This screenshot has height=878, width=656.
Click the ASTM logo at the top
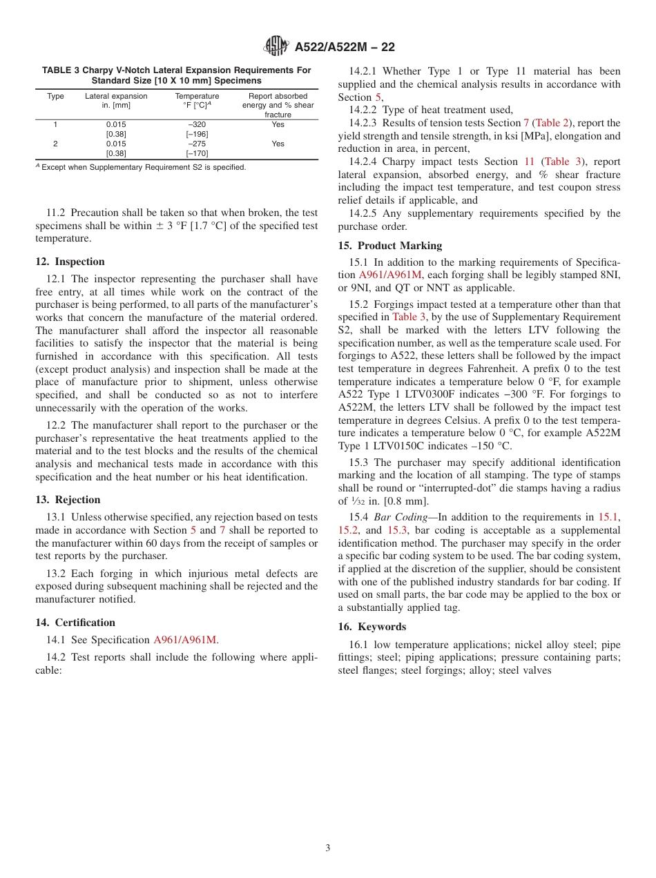pos(276,47)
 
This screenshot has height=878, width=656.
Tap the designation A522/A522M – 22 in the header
pos(345,48)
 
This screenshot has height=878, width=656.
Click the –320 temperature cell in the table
pos(197,125)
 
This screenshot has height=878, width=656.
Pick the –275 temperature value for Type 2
pos(197,144)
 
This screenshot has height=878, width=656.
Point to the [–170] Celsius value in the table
pos(197,153)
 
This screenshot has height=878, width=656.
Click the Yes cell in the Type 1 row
pos(278,125)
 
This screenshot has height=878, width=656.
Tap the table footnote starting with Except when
pos(142,167)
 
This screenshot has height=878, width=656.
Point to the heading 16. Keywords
pos(372,627)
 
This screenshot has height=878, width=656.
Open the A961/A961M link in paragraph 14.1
pos(185,640)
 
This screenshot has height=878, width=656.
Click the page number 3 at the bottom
pos(328,848)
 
